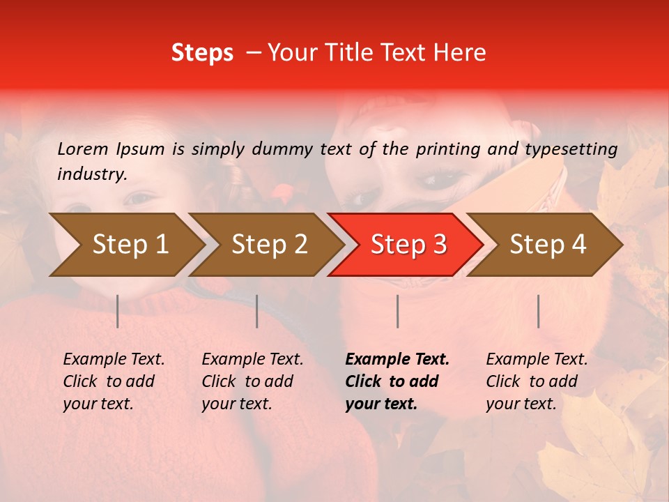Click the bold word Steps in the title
point(202,53)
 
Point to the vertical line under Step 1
point(118,311)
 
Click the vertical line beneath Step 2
point(257,311)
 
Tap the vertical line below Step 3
point(397,311)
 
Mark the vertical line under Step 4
point(538,311)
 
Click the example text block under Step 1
point(114,381)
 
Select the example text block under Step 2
point(252,381)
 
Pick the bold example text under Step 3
point(397,381)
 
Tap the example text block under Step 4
point(537,381)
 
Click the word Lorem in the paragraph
point(83,149)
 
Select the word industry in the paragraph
point(91,174)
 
